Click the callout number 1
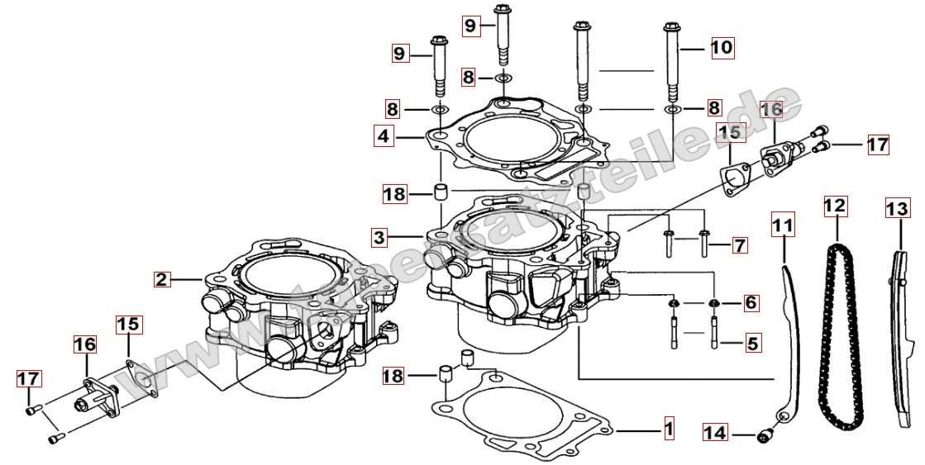click(668, 429)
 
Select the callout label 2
click(162, 279)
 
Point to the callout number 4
click(383, 136)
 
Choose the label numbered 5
click(751, 340)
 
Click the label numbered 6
click(750, 303)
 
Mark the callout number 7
click(739, 244)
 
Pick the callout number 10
click(722, 48)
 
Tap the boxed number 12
click(835, 205)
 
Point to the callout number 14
click(716, 432)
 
